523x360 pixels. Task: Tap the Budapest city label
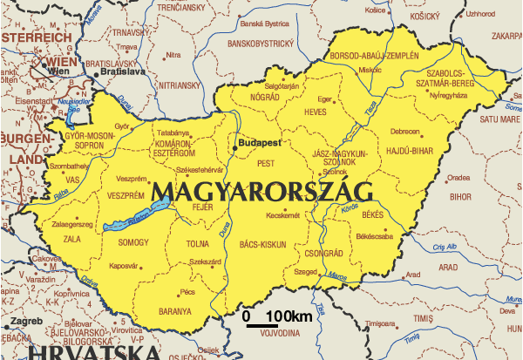pyautogui.click(x=261, y=140)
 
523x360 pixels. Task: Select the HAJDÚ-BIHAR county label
pyautogui.click(x=411, y=150)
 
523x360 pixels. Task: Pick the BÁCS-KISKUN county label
pyautogui.click(x=262, y=246)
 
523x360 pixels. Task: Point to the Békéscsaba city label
pyautogui.click(x=375, y=235)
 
